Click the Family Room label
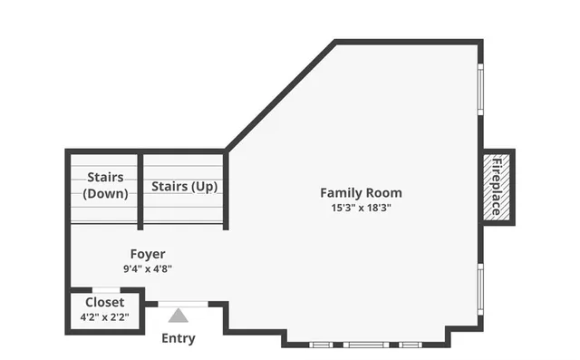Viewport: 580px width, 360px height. tap(361, 192)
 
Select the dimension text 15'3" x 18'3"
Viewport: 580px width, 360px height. tap(361, 208)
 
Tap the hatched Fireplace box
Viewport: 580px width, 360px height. tap(497, 187)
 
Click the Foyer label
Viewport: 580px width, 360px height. tap(147, 254)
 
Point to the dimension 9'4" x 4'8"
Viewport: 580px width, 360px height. tap(147, 268)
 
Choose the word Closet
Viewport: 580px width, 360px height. tap(105, 302)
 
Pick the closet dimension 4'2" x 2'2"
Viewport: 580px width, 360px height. tap(105, 317)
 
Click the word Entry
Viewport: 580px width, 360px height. tap(178, 338)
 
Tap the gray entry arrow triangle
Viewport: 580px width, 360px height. tap(179, 316)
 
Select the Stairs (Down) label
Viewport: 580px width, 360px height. tap(105, 185)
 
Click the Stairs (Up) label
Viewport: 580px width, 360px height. tap(184, 187)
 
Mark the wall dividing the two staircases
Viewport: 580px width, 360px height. tap(140, 189)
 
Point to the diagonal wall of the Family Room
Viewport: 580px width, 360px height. tap(280, 95)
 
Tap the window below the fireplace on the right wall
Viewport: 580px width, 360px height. tap(480, 288)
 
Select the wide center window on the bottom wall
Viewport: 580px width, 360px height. tap(365, 345)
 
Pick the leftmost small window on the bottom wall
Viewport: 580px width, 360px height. tap(320, 345)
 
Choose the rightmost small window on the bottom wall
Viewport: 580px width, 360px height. tap(411, 345)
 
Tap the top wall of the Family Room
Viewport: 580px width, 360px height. tap(408, 42)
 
